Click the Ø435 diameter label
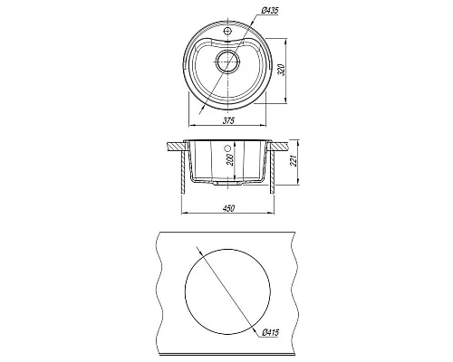[x=269, y=11]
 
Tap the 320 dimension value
[x=282, y=70]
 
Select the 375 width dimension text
[x=228, y=121]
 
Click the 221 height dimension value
[x=294, y=161]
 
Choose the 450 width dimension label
[x=228, y=208]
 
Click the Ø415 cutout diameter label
[x=270, y=332]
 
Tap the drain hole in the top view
[x=227, y=61]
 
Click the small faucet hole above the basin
[x=227, y=30]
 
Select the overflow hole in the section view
[x=228, y=148]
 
